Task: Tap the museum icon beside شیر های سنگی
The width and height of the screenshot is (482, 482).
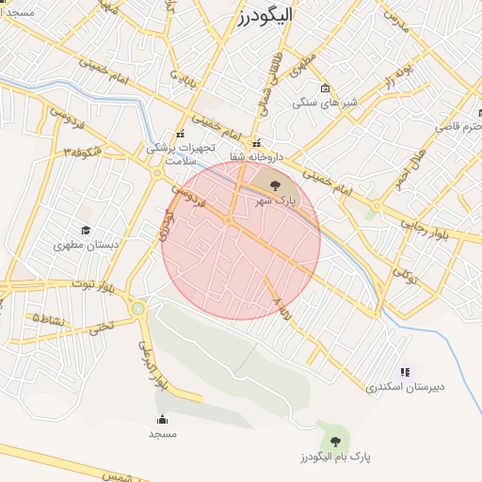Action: coord(326,88)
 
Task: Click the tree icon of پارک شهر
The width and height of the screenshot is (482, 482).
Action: coord(274,185)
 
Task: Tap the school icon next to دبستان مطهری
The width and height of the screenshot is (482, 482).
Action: coord(86,231)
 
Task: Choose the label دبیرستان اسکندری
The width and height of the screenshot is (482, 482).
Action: coord(405,386)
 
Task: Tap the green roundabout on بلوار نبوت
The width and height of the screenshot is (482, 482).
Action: coord(139,308)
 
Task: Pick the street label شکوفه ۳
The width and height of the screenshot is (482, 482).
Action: coord(82,150)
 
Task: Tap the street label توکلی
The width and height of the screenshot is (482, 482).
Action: coord(404,274)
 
